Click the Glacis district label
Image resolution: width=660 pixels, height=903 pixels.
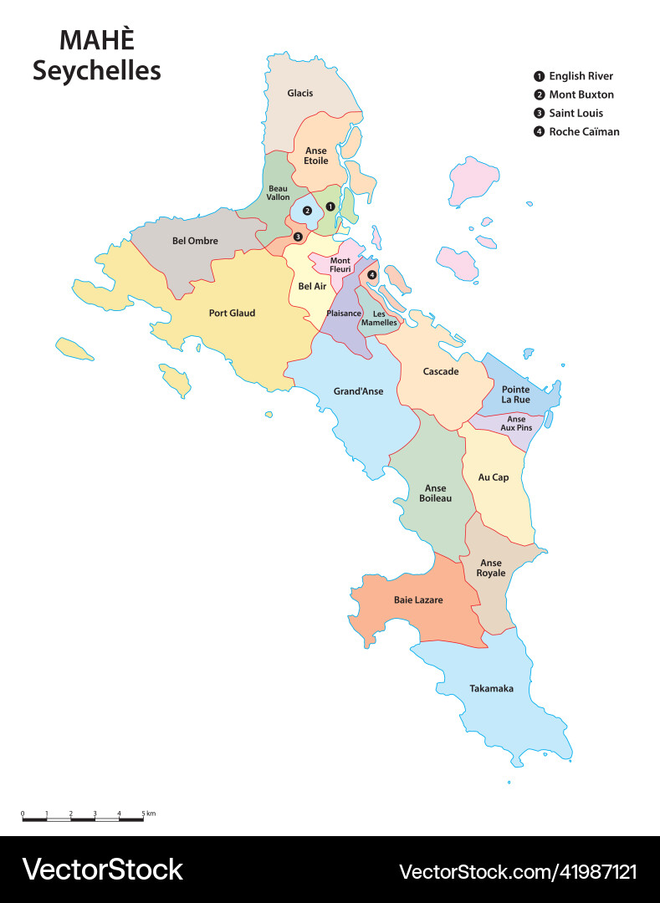(x=299, y=93)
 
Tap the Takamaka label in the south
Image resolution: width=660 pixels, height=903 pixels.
(x=491, y=688)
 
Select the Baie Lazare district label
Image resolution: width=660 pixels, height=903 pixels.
(x=418, y=599)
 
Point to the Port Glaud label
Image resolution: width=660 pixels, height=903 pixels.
(x=232, y=314)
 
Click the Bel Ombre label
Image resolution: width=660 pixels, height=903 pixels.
(x=195, y=241)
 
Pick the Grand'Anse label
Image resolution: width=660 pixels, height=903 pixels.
(x=358, y=390)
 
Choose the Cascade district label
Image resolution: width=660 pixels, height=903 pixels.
(x=440, y=371)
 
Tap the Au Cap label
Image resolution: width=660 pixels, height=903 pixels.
(x=493, y=477)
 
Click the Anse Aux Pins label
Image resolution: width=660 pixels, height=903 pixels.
(x=516, y=423)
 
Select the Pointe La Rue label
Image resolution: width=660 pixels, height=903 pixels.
(x=515, y=394)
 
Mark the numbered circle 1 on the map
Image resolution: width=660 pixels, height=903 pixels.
(x=330, y=206)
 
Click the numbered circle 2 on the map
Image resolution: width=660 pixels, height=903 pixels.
(x=307, y=211)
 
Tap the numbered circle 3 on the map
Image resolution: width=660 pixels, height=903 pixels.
(x=298, y=237)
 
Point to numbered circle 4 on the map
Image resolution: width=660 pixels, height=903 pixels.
(x=372, y=274)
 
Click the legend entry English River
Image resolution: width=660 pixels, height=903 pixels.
(x=581, y=76)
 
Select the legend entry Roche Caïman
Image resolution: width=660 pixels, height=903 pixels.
(x=584, y=131)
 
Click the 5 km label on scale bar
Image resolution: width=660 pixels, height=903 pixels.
(x=147, y=813)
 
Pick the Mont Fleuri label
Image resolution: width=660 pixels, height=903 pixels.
(x=340, y=264)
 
